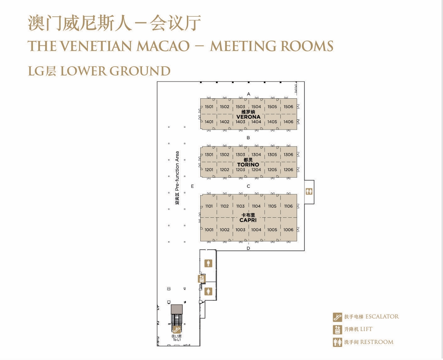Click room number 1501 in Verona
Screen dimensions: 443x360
point(209,107)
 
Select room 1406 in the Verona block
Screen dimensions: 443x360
point(288,122)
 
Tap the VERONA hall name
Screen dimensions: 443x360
point(248,117)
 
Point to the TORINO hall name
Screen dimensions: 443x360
point(248,165)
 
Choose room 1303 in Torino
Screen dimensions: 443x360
point(240,154)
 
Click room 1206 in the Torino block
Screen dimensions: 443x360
point(288,169)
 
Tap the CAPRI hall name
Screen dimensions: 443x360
point(248,220)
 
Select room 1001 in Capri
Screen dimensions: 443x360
point(209,230)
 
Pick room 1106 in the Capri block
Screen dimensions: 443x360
point(288,206)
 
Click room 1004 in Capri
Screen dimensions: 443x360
point(256,230)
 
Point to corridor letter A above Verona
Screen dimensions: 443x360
point(249,94)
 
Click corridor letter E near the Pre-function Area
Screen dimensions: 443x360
point(192,186)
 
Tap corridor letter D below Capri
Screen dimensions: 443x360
point(248,248)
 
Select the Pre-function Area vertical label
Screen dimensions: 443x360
point(177,178)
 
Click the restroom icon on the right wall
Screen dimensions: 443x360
point(309,191)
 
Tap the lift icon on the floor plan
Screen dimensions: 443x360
point(202,279)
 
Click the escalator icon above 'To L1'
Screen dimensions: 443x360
point(177,330)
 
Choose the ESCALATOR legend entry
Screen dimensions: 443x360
point(366,317)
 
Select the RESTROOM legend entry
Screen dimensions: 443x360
point(363,342)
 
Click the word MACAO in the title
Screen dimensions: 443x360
point(163,46)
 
